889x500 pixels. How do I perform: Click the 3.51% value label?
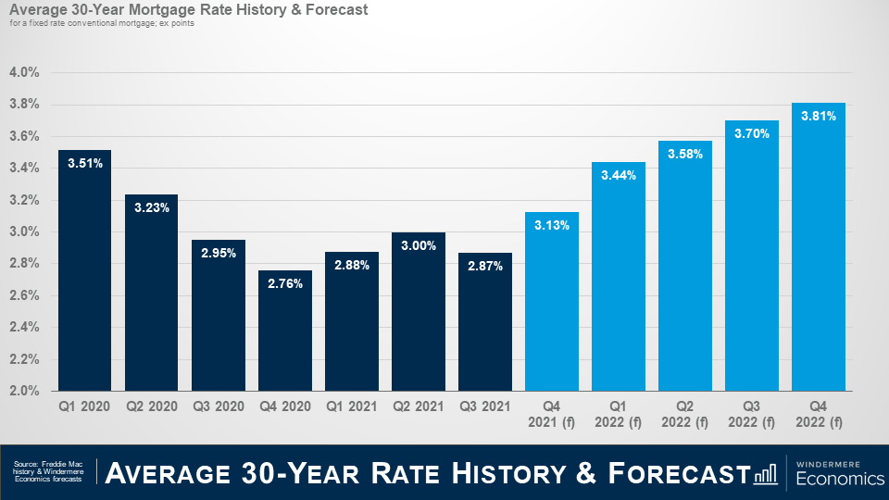84,163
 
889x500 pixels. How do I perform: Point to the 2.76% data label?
285,283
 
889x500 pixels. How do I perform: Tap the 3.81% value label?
819,117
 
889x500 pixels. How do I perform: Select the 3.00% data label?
419,245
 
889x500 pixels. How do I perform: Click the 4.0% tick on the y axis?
24,72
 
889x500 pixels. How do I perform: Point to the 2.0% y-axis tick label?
24,391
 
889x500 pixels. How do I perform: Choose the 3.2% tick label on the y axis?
24,200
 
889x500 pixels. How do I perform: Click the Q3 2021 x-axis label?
485,406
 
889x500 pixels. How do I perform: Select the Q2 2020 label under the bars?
152,406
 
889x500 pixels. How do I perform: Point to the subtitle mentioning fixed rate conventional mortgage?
102,23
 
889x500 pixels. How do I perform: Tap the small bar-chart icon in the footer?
766,473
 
